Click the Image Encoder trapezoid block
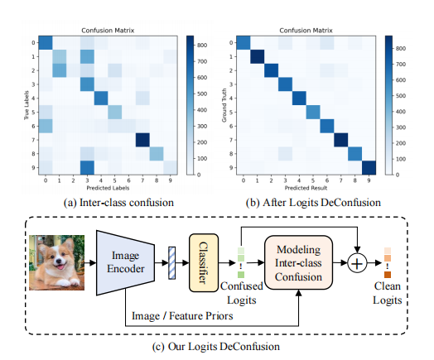pos(125,262)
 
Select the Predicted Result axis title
pos(302,190)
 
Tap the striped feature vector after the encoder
pos(172,262)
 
